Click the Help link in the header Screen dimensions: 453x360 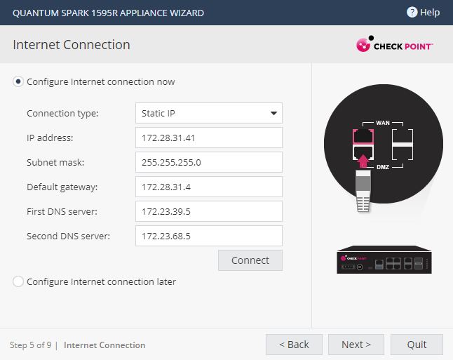point(424,13)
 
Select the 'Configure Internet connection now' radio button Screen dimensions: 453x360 point(18,82)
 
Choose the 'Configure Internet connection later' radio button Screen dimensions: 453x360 point(18,281)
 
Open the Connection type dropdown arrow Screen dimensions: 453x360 point(273,113)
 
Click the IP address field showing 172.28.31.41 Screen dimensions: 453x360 point(209,138)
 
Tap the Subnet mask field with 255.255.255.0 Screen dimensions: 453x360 point(209,162)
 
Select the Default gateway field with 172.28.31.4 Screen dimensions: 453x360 point(209,187)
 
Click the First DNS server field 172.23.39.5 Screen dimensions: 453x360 point(209,211)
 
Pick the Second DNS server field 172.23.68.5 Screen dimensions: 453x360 point(209,236)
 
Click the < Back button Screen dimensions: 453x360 point(294,345)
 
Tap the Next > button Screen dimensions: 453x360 point(356,345)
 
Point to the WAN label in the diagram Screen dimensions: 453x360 point(383,123)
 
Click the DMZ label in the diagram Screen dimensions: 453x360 point(383,167)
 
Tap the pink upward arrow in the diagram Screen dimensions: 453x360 point(363,161)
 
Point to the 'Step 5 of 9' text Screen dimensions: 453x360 point(31,345)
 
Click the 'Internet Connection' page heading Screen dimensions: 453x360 point(72,45)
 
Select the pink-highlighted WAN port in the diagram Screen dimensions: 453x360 point(363,136)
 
